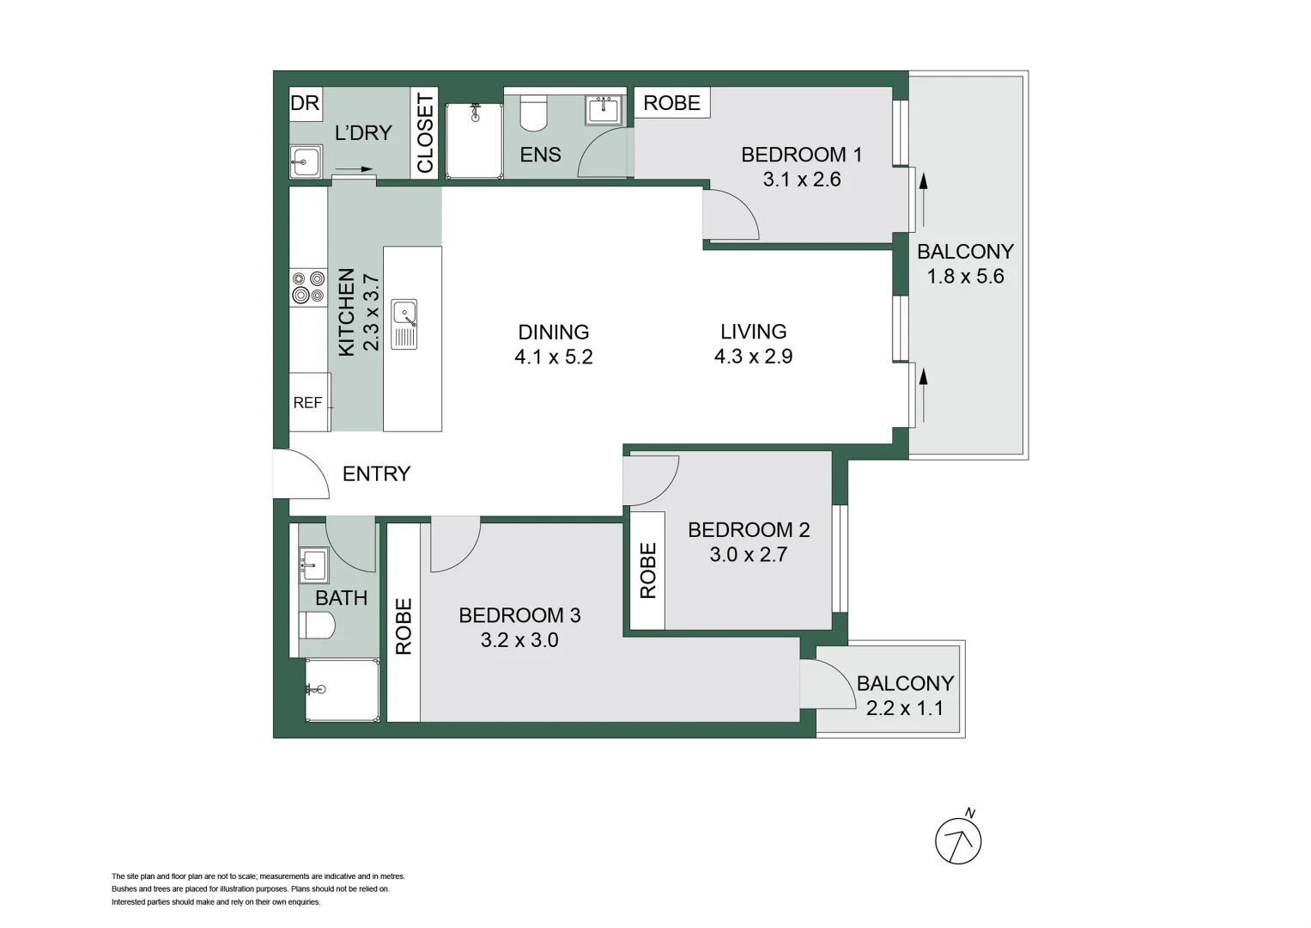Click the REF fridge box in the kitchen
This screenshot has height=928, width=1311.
(x=308, y=402)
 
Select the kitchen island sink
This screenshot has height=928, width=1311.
(x=404, y=323)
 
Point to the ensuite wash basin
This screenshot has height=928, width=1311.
(x=604, y=110)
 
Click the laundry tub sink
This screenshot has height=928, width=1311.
(x=305, y=162)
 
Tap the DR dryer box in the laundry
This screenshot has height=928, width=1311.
(x=305, y=103)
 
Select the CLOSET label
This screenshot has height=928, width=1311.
(x=425, y=132)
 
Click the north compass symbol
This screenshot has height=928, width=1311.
(x=958, y=839)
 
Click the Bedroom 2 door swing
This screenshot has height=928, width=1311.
(x=650, y=479)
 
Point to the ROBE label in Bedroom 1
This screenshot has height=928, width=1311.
(x=671, y=103)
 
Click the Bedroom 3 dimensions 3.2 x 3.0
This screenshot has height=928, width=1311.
(x=519, y=640)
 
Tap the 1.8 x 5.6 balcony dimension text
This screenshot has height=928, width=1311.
(x=965, y=277)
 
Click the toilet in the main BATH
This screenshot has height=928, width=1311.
(x=316, y=626)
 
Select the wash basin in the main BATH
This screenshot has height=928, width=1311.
(x=313, y=565)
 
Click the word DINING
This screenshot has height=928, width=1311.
(x=553, y=332)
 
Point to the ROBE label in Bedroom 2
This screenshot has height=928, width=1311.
(x=648, y=571)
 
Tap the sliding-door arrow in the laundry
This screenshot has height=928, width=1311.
(x=353, y=169)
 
